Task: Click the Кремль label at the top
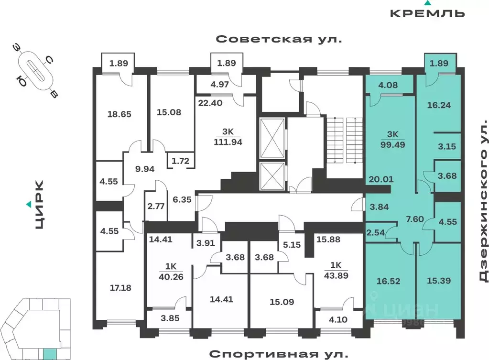tap(427, 13)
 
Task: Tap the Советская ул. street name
tap(279, 39)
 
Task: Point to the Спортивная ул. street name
tap(277, 354)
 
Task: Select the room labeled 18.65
tap(119, 114)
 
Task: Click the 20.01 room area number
tap(378, 180)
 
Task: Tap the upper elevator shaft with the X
tap(272, 137)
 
